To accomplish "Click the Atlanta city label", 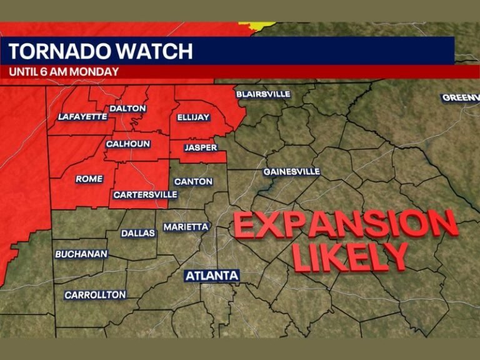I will click(x=212, y=275).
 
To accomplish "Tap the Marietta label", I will click(x=186, y=227).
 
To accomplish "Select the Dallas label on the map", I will click(x=137, y=233).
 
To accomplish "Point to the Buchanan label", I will click(x=81, y=254).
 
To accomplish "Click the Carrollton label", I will click(x=95, y=294).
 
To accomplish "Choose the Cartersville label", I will click(x=145, y=195).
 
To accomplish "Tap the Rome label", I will click(x=89, y=179).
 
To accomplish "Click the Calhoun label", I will click(x=127, y=144).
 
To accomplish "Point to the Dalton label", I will click(x=127, y=108).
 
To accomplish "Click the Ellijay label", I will click(x=193, y=117).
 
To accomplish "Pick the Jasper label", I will click(x=201, y=148).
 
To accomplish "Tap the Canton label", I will click(x=193, y=182).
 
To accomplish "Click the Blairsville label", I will click(x=263, y=94).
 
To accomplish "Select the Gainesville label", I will click(x=291, y=171).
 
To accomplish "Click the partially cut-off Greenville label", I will click(x=461, y=97).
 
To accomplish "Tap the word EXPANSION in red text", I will click(x=346, y=224).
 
